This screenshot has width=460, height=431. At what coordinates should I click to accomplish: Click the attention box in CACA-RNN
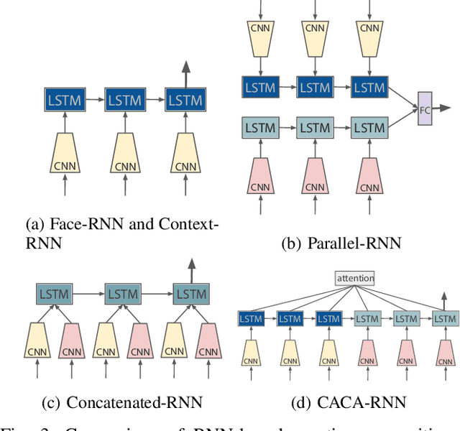coord(354,278)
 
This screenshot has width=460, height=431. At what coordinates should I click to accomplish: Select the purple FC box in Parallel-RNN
coord(424,108)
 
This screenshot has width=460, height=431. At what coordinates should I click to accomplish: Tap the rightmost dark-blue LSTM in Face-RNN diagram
coord(185,100)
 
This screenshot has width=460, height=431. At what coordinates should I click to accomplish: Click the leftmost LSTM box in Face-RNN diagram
coord(65,100)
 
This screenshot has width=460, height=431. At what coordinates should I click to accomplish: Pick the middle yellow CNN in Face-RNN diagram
coord(126,154)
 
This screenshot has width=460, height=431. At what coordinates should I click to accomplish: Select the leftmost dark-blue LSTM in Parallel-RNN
coord(260,88)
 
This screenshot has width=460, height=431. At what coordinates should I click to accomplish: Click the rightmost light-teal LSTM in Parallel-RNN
coord(369,129)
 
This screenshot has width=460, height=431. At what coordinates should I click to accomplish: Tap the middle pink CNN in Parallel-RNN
coord(315,176)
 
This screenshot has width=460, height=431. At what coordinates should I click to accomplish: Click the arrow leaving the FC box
coord(443,108)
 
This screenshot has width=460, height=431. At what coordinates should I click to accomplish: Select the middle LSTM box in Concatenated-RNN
coord(125,294)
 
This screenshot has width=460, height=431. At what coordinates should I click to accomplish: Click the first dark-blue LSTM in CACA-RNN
coord(251,318)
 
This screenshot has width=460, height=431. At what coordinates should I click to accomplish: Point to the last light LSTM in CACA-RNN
coord(446,318)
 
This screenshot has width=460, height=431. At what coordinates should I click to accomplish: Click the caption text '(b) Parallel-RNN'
coord(341,243)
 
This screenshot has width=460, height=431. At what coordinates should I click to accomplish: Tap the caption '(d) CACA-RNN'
coord(345,402)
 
